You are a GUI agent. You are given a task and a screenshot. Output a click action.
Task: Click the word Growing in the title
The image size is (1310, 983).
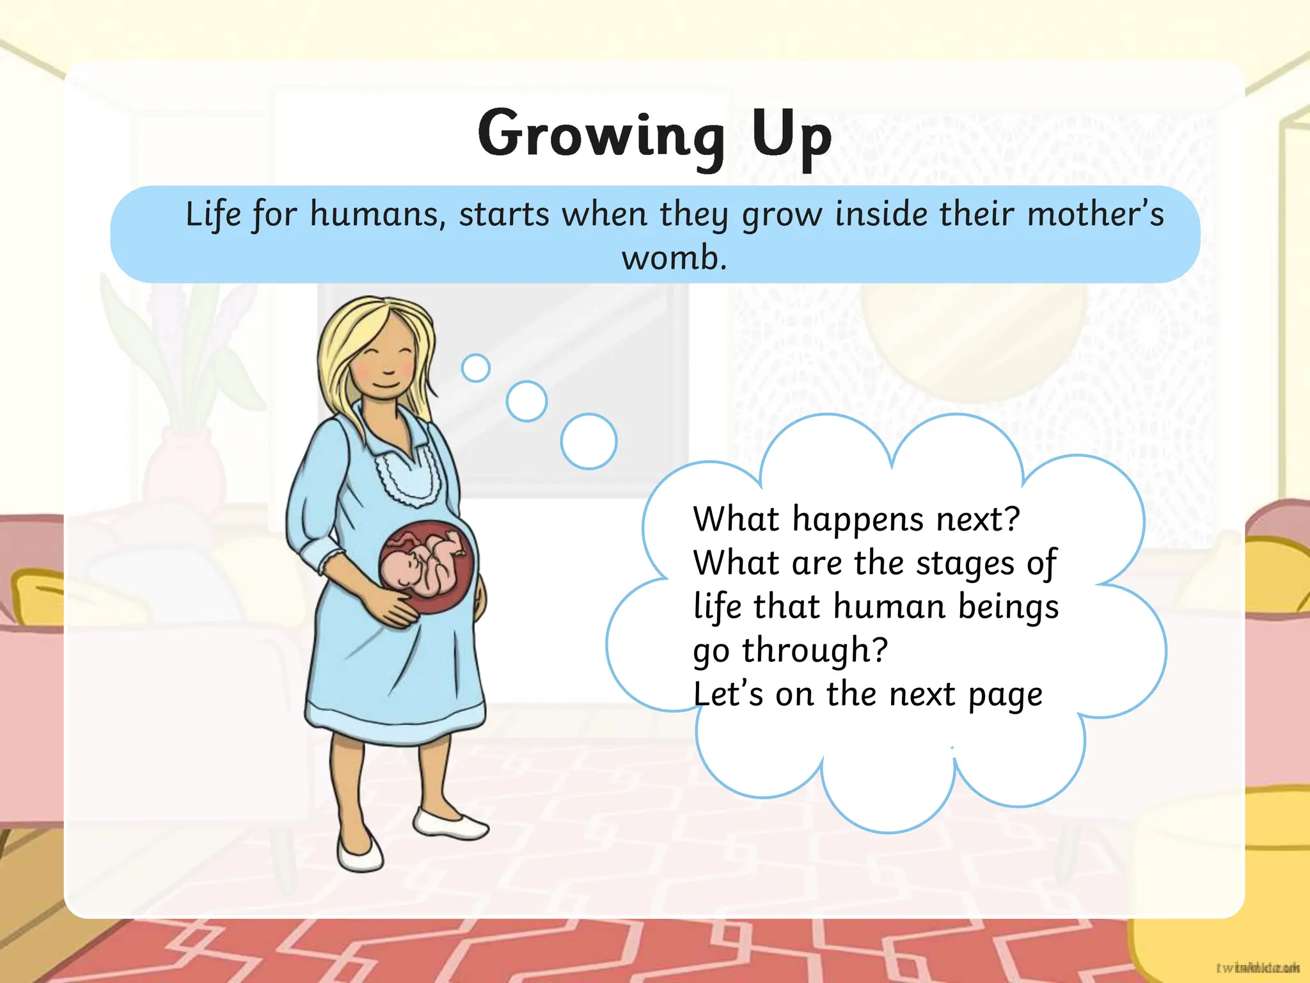click(x=600, y=135)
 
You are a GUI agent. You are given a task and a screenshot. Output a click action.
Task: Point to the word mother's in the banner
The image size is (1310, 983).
click(x=1095, y=214)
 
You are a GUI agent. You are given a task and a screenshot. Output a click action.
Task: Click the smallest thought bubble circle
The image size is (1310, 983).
click(x=475, y=368)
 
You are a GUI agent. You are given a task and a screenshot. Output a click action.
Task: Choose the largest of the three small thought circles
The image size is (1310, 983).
click(x=588, y=441)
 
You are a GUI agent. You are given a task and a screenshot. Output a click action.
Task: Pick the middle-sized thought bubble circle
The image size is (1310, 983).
click(x=526, y=401)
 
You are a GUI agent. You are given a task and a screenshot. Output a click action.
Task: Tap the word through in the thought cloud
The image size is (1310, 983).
click(x=815, y=651)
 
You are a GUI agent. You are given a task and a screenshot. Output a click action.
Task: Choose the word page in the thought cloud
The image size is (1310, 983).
click(x=1005, y=695)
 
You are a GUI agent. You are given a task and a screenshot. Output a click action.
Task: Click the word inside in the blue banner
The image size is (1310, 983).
click(x=881, y=214)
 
